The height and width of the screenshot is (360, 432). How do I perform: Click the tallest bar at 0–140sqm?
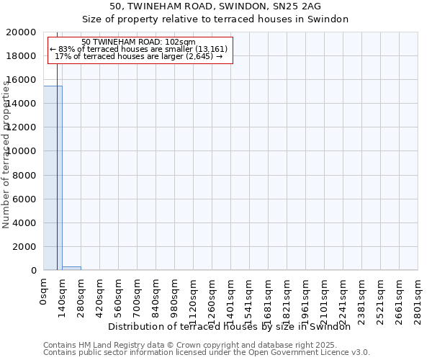pyautogui.click(x=53, y=178)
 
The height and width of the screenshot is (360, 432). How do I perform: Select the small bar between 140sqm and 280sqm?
pyautogui.click(x=71, y=268)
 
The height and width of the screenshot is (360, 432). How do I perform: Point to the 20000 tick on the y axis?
pyautogui.click(x=28, y=32)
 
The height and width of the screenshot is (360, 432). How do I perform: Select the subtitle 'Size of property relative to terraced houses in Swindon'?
pyautogui.click(x=215, y=19)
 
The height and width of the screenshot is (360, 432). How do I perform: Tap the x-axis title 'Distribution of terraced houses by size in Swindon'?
pyautogui.click(x=234, y=326)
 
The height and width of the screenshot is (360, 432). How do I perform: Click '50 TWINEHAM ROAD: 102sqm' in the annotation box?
pyautogui.click(x=138, y=42)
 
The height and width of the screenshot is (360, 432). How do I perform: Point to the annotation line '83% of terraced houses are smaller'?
pyautogui.click(x=138, y=49)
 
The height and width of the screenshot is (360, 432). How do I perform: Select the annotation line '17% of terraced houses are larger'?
pyautogui.click(x=138, y=56)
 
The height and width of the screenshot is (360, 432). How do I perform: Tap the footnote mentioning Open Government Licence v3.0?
pyautogui.click(x=207, y=353)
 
